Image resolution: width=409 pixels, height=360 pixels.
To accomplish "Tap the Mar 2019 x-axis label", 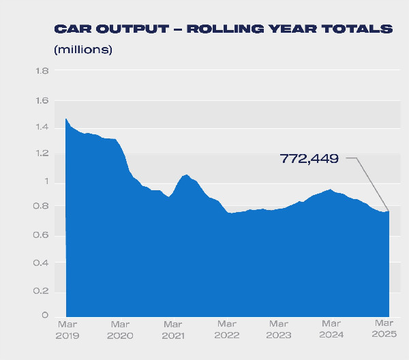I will tap(67, 329).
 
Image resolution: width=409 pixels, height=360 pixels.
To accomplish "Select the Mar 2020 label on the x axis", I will tap(120, 329).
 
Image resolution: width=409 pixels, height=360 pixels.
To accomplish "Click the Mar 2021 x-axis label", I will tap(173, 329).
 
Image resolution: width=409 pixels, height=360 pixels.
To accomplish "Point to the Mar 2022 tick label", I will tap(226, 329).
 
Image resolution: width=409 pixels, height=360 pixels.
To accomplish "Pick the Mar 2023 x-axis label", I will tap(279, 329).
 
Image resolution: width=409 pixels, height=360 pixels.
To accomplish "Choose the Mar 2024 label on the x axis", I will tap(332, 329).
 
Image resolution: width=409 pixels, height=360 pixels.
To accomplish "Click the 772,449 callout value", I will tap(309, 159).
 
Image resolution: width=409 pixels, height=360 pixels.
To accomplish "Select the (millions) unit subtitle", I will tap(82, 50).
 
